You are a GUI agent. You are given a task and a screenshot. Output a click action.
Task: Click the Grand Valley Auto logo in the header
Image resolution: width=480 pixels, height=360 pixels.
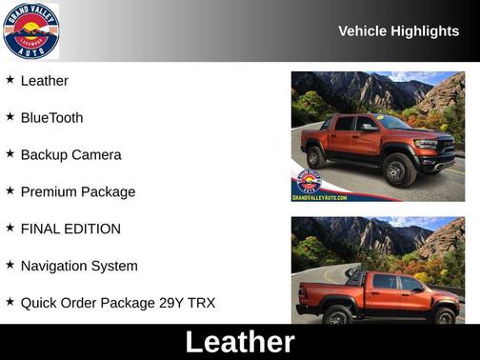[x=30, y=30]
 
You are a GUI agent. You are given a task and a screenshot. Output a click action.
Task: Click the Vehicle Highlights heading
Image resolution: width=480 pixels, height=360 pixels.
[x=398, y=31]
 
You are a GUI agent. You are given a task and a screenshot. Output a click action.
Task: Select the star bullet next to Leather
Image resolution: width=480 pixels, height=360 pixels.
[x=10, y=80]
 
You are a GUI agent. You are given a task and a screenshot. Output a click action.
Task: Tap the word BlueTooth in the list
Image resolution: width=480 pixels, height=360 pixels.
[x=51, y=118]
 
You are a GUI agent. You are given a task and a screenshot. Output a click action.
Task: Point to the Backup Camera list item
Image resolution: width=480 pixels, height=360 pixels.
[x=70, y=155]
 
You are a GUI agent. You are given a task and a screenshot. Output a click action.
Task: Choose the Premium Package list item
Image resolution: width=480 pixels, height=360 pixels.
[x=78, y=192]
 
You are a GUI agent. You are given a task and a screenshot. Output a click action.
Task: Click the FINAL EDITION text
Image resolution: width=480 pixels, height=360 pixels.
[x=70, y=230]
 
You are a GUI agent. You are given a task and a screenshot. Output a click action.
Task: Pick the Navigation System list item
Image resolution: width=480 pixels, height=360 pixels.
[x=79, y=267]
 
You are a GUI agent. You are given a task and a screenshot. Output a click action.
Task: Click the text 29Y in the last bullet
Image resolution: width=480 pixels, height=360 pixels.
[x=170, y=304]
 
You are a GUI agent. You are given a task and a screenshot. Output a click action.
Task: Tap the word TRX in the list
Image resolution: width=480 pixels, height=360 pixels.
[x=202, y=304]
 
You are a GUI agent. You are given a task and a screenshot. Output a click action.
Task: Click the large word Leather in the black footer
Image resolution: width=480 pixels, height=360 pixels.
[x=240, y=342]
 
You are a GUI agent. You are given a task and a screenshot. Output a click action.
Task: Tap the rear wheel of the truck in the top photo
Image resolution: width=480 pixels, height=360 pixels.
[x=315, y=157]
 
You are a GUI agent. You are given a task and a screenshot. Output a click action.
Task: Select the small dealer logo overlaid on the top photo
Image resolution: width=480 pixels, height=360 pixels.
[x=308, y=181]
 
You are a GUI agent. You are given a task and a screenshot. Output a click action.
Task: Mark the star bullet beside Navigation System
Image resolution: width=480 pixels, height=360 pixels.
[x=10, y=266]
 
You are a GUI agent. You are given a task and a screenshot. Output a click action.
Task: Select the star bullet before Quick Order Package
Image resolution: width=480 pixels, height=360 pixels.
[x=10, y=303]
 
